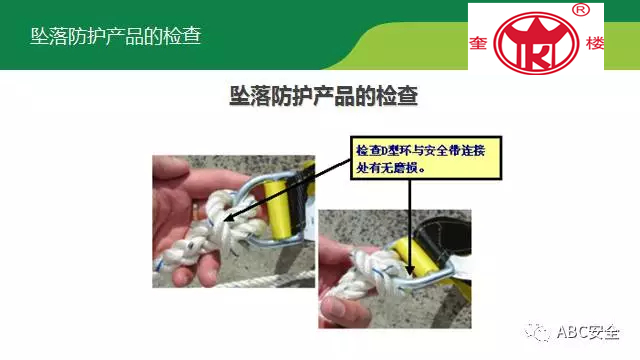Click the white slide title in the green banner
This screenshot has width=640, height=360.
click(x=116, y=36)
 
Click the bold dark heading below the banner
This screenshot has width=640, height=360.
click(x=324, y=96)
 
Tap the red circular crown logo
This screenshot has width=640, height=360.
click(x=536, y=43)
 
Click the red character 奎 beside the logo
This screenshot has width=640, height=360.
click(x=478, y=43)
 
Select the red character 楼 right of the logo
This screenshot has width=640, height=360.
click(x=595, y=43)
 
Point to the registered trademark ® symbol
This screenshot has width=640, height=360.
click(x=581, y=10)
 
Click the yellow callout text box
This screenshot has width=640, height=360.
click(x=426, y=158)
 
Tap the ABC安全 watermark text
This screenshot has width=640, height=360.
click(x=588, y=332)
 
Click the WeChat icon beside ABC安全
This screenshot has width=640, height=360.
click(x=538, y=331)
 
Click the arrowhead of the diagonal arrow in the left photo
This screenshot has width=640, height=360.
click(x=229, y=218)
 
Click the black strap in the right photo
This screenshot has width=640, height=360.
click(x=445, y=238)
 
